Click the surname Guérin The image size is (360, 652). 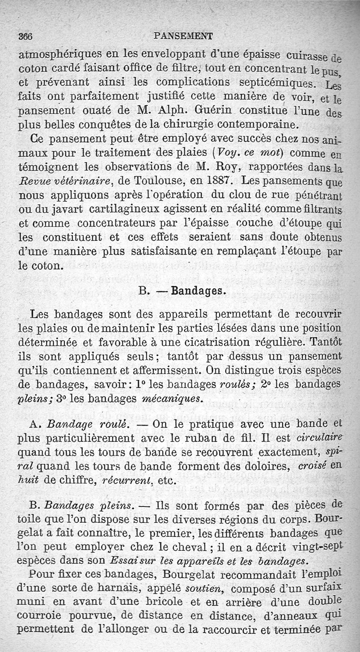(x=214, y=110)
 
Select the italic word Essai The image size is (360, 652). (x=124, y=561)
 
